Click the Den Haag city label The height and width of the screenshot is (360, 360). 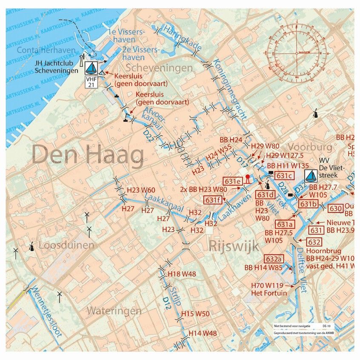(88, 156)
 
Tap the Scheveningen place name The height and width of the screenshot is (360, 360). (159, 68)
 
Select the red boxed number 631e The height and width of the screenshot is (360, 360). (233, 181)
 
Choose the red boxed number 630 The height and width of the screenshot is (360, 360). (335, 209)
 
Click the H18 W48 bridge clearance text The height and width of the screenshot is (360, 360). (182, 274)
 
